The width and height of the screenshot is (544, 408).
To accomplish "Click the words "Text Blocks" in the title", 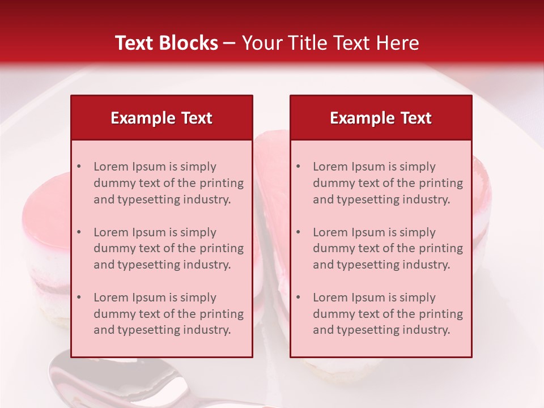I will pos(166,43).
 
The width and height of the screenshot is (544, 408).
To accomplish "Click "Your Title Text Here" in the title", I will pos(330,43).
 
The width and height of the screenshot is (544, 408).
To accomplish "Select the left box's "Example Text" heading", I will pos(161,118).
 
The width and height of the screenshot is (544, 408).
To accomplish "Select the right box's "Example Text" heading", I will pos(381,118).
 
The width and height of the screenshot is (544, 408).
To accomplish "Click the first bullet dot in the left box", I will pos(79,167).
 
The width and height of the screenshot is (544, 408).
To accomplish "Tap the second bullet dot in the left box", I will pos(79,232).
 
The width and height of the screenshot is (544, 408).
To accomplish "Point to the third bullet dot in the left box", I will pos(79,297).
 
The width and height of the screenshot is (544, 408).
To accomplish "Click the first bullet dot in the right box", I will pos(298,167).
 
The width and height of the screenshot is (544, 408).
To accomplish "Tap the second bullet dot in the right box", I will pos(298,232).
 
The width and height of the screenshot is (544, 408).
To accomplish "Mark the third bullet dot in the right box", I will pos(298,297).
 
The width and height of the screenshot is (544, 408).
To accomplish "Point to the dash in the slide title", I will pos(229,43).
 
